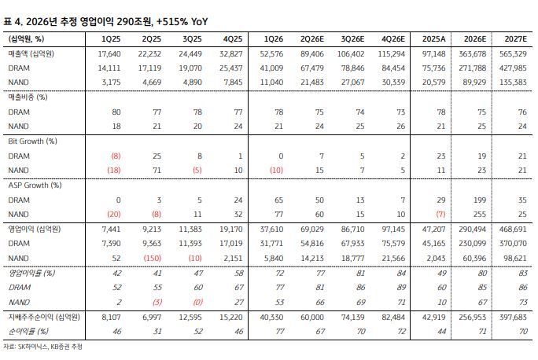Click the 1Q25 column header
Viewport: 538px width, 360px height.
[111, 39]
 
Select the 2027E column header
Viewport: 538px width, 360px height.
[515, 39]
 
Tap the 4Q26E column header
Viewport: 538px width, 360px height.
[393, 39]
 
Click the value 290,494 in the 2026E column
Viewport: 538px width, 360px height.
[473, 229]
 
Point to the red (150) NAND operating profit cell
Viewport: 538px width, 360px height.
[152, 258]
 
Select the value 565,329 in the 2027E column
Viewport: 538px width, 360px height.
[513, 53]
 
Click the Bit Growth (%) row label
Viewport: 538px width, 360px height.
[32, 141]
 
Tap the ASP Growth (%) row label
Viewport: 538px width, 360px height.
[35, 186]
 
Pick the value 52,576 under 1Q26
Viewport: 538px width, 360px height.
[271, 53]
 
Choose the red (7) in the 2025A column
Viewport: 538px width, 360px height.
[440, 215]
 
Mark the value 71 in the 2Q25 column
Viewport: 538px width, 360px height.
[157, 171]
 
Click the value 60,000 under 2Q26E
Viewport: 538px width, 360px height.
[312, 317]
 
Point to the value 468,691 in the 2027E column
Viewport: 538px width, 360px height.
[513, 229]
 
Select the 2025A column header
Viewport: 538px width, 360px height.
[433, 39]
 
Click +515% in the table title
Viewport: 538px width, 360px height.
[172, 21]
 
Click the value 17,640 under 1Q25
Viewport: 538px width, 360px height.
[109, 53]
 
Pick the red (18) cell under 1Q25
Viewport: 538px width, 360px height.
[114, 171]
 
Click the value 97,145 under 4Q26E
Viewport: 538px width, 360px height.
[393, 229]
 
